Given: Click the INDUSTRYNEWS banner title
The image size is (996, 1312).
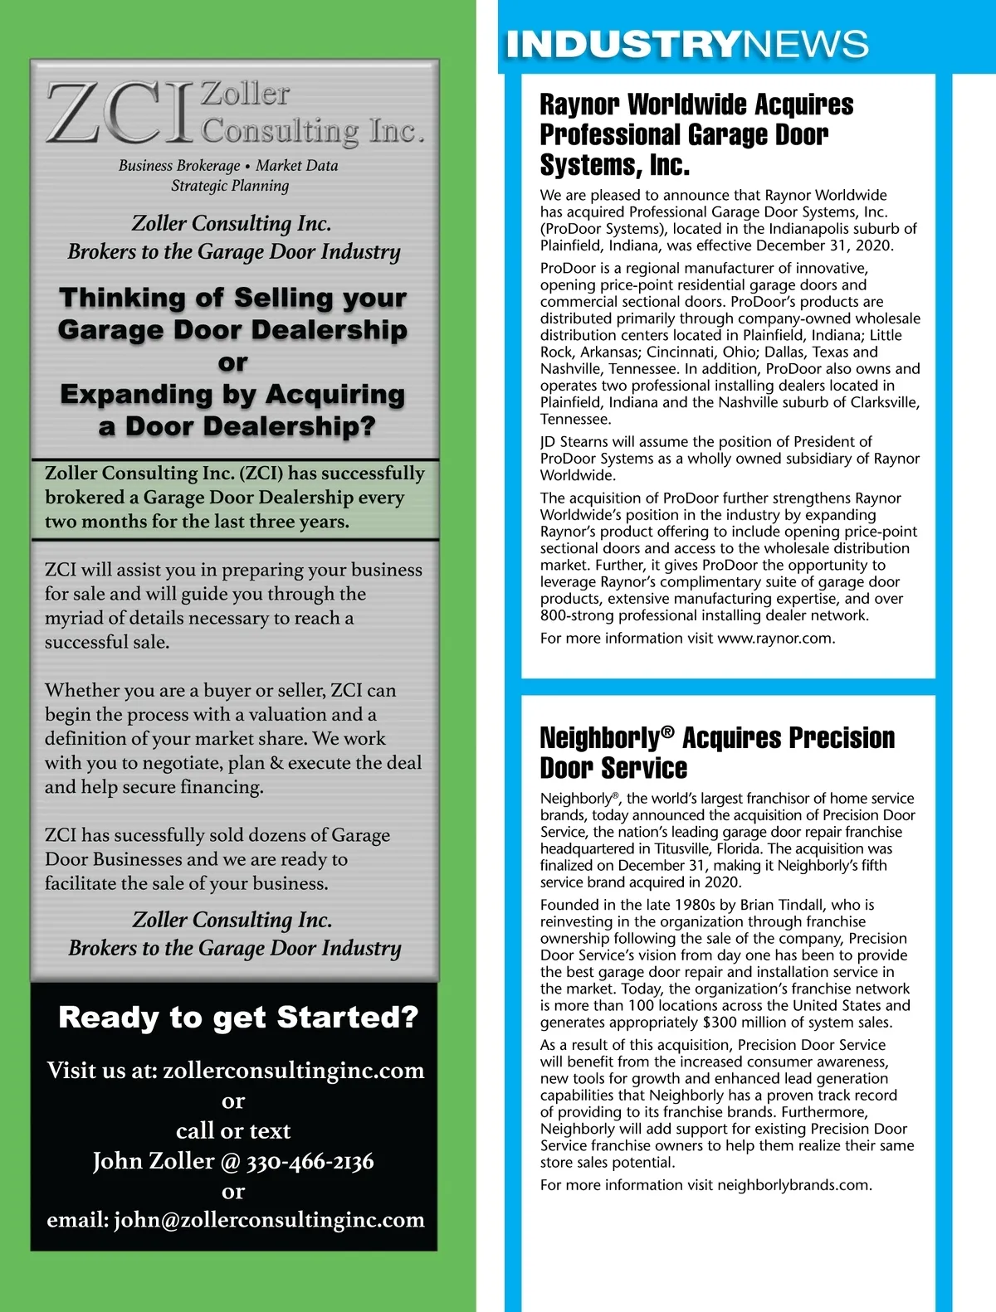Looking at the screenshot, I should (687, 44).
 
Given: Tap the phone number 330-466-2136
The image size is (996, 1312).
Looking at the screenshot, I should (310, 1161).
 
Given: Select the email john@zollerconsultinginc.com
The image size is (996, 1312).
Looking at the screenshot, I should (269, 1220).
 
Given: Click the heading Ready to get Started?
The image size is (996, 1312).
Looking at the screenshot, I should (238, 1017).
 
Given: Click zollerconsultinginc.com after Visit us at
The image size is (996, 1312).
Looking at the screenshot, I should (294, 1071).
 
